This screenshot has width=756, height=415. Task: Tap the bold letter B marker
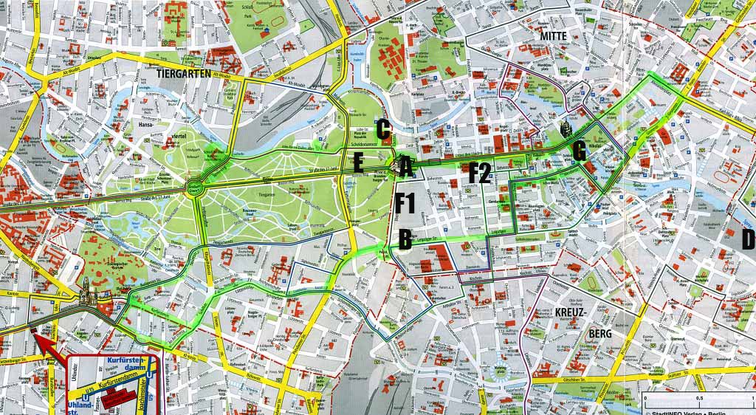pos(405,239)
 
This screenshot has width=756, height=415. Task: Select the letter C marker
pos(383,130)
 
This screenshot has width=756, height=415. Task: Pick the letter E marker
pos(358,164)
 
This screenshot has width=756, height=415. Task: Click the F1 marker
pos(406,202)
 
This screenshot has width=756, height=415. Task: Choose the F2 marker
pos(480,173)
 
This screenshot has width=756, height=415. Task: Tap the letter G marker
pos(579,152)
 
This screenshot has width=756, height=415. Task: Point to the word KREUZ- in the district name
pos(570,312)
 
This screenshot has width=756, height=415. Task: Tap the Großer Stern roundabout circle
pos(196,185)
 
